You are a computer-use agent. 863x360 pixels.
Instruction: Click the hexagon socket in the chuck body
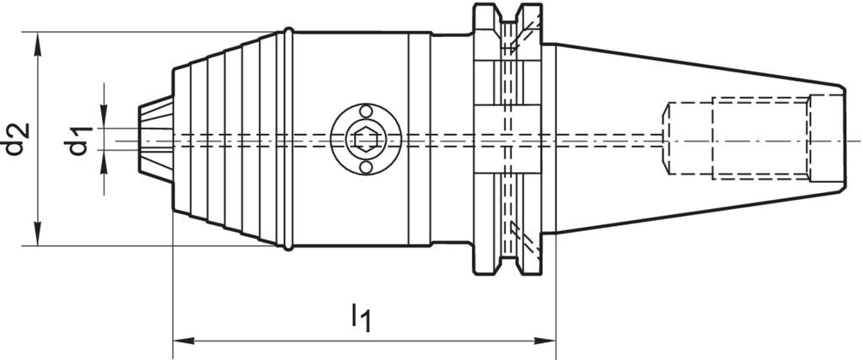[x=364, y=139]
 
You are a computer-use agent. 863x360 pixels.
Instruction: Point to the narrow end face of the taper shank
[x=841, y=139]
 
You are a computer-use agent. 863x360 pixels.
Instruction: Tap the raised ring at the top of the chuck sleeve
[x=287, y=34]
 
